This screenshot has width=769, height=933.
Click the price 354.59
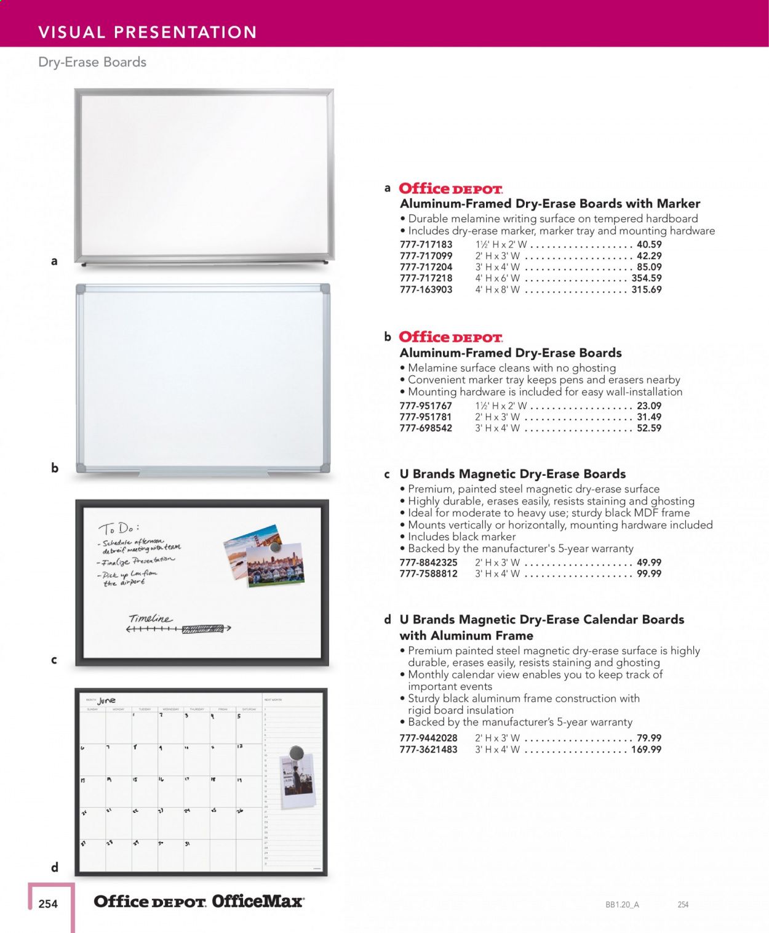coord(646,278)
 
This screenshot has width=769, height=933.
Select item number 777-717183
coord(426,244)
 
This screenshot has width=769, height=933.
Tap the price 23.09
coord(649,406)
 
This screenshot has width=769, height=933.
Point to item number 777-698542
coord(426,428)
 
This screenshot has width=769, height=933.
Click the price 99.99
coord(649,574)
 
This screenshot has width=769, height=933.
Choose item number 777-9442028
coord(428,738)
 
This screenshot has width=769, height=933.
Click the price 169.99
coord(646,750)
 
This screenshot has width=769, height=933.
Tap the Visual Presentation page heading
coord(148,32)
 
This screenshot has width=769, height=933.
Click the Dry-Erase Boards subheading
coord(92,62)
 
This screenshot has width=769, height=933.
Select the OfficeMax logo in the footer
coord(258,902)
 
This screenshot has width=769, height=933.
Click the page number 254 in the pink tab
coord(48,904)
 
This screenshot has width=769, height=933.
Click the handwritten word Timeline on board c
coord(150,619)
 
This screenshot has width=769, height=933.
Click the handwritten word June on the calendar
coord(106,700)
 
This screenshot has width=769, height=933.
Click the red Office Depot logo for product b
coord(450,337)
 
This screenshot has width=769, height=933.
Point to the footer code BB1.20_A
coord(622,905)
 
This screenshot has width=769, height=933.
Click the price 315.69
coord(646,289)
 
